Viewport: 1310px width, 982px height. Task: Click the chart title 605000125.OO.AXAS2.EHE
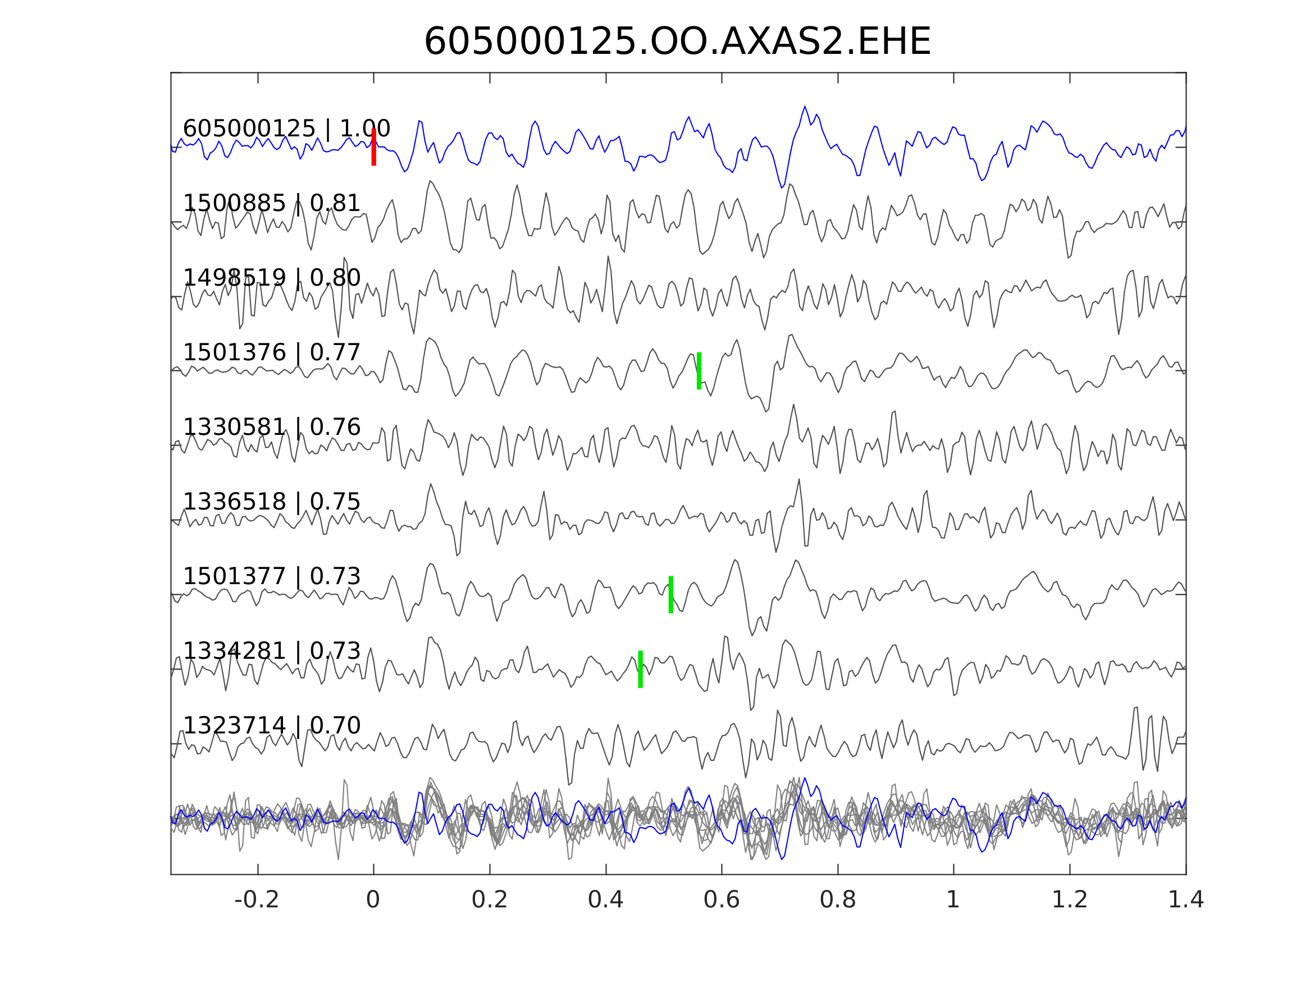(677, 42)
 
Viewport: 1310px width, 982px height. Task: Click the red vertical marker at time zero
(374, 147)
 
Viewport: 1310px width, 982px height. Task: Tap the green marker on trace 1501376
(699, 370)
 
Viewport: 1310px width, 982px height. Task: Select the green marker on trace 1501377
(671, 594)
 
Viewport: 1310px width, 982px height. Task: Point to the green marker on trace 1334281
(640, 669)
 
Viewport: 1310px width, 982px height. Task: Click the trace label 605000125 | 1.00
(286, 129)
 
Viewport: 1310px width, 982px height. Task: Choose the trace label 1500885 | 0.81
(272, 203)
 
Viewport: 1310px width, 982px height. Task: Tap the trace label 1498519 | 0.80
(272, 278)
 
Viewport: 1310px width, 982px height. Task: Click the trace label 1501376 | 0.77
(272, 352)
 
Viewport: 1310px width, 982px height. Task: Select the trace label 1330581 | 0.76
(272, 427)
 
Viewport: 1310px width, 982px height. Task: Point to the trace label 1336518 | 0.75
(272, 501)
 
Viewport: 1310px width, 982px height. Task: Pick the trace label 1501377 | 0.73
(272, 576)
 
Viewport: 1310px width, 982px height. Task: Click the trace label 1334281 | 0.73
(272, 650)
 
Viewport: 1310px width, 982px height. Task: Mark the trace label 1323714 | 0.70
(272, 725)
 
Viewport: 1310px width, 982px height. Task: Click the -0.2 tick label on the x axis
(257, 900)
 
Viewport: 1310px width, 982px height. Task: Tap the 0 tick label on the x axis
(373, 900)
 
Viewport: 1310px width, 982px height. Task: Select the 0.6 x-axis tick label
(722, 900)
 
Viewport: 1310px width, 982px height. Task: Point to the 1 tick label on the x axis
(953, 900)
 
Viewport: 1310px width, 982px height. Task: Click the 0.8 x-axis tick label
(837, 900)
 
